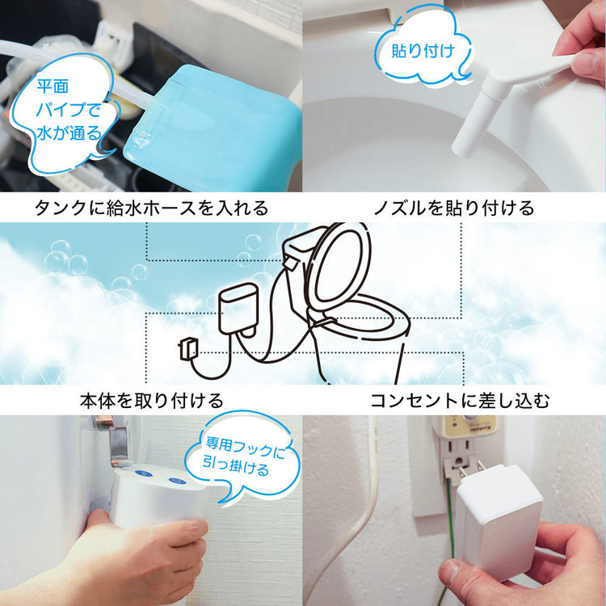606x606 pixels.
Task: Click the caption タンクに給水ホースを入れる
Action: pyautogui.click(x=150, y=208)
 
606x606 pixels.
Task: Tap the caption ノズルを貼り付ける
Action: pyautogui.click(x=453, y=208)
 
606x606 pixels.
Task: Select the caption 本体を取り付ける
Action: pyautogui.click(x=151, y=400)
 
